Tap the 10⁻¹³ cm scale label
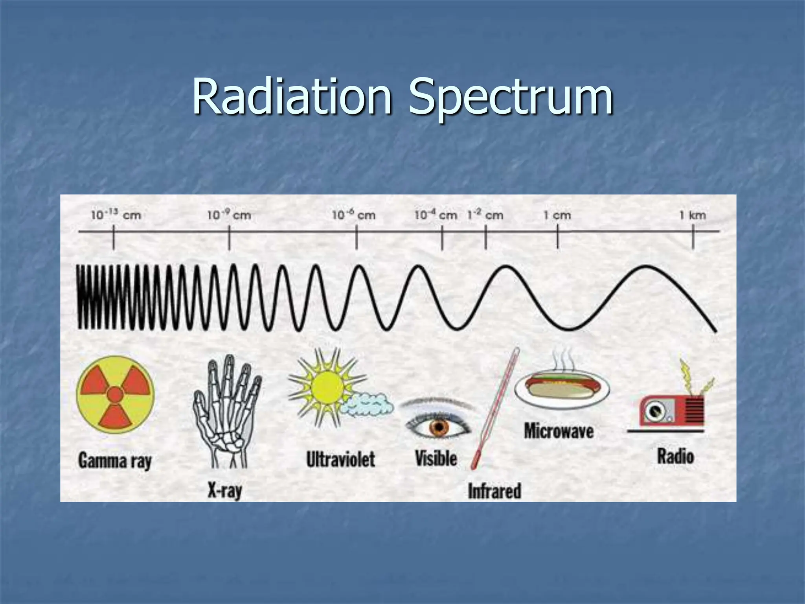(x=116, y=215)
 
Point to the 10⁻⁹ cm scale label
(x=229, y=215)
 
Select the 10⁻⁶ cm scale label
(x=353, y=215)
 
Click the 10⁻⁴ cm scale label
(x=436, y=215)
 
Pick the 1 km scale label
(x=693, y=215)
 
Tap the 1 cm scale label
(x=557, y=215)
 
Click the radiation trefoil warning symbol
(x=116, y=394)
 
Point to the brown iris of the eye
(x=439, y=427)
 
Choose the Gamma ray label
(x=115, y=460)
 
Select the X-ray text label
(x=225, y=491)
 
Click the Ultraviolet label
(x=341, y=459)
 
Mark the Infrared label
(x=494, y=491)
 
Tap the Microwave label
(x=559, y=431)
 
